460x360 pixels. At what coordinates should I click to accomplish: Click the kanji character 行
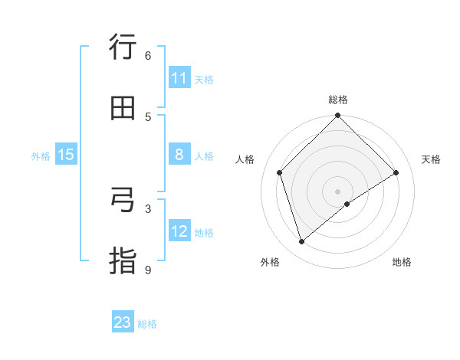tap(123, 47)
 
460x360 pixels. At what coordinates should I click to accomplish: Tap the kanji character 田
tap(123, 108)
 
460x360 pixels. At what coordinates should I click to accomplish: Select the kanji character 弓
tap(123, 200)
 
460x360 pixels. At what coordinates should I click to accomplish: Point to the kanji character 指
tap(123, 261)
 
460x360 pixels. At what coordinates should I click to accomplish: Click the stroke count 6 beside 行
tap(148, 55)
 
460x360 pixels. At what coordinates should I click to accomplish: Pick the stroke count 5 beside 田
tap(148, 116)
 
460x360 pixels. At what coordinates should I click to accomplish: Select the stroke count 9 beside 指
tap(148, 270)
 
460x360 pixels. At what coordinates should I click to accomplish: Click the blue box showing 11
tap(179, 78)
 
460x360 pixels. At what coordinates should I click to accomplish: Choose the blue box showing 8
tap(179, 155)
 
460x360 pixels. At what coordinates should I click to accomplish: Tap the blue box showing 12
tap(179, 231)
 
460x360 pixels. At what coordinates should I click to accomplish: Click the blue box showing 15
tap(66, 155)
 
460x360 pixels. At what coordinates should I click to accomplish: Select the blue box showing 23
tap(123, 322)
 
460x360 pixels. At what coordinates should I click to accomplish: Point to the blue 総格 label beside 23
tap(147, 324)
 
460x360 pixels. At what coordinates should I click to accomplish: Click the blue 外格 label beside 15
tap(41, 156)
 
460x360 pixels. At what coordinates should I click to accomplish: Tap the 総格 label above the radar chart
tap(338, 100)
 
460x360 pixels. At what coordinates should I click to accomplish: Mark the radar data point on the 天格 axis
tap(396, 172)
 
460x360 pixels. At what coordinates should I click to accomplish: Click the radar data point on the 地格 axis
tap(347, 204)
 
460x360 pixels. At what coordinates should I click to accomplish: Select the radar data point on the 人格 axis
tap(280, 172)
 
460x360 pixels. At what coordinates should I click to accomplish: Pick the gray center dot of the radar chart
tap(338, 191)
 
